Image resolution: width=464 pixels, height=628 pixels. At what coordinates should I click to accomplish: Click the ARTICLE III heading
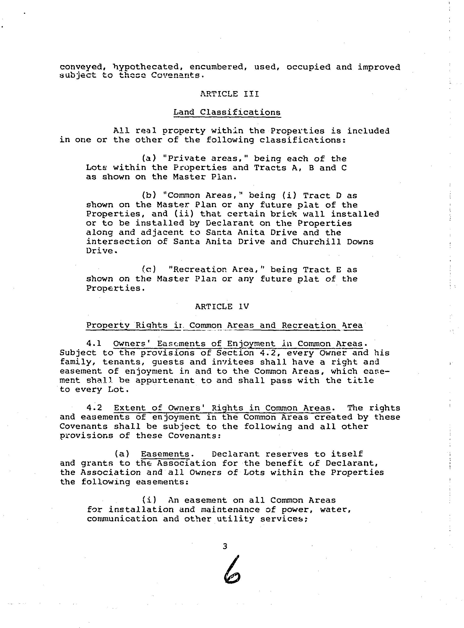coord(229,94)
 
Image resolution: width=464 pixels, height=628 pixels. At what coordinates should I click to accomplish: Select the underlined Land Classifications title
coord(227,112)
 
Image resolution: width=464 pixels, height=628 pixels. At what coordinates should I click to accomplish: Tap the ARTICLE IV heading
coord(222,306)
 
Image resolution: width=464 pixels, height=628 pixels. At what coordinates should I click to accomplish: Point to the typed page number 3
coord(224,546)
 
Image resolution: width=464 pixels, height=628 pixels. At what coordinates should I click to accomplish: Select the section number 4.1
coord(94,344)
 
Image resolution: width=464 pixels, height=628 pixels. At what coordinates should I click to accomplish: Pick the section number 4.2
coord(94,408)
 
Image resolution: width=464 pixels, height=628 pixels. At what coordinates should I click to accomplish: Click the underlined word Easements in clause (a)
coord(165,454)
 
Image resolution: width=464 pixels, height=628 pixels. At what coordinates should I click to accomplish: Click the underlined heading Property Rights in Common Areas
coord(224,325)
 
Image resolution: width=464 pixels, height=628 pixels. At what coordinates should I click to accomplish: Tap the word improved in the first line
coord(379,67)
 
